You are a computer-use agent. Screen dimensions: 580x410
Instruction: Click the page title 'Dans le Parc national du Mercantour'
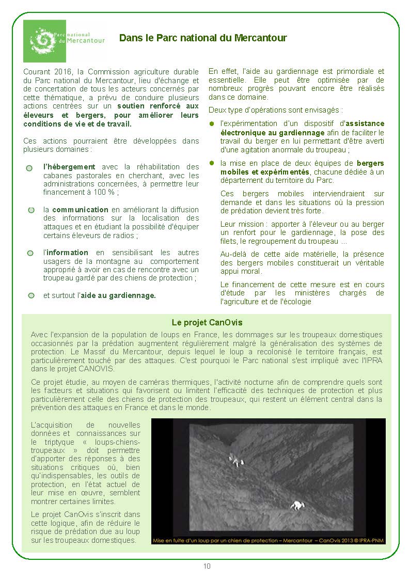203,38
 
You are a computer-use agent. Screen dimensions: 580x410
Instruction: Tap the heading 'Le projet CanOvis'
207,322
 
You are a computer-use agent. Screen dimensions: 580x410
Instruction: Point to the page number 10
207,566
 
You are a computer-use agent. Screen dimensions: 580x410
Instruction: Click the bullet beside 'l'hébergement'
29,168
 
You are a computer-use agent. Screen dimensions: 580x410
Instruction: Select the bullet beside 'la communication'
31,210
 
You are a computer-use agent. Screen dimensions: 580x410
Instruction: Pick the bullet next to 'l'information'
30,253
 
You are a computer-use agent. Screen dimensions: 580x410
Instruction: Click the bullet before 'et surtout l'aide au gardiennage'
31,295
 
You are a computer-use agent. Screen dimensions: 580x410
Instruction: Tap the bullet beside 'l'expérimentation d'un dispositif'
211,124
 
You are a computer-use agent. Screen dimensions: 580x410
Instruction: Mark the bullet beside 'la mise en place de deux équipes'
211,163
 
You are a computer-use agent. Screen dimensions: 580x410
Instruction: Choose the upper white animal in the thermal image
235,460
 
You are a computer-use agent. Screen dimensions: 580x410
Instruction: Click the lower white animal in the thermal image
297,505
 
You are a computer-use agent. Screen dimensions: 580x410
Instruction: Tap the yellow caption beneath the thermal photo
267,540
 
